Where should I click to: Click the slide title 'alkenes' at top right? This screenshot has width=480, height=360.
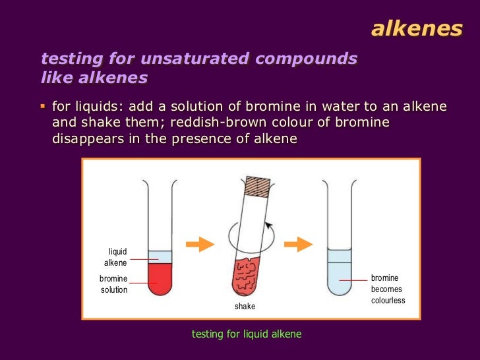click(417, 28)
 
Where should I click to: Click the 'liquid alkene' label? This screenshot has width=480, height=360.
click(115, 257)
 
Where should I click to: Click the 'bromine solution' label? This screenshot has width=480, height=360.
click(113, 284)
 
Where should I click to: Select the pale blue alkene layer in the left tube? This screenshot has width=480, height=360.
click(160, 256)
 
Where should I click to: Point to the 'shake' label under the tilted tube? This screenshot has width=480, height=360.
click(245, 307)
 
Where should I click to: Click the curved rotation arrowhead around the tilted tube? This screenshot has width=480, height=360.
click(268, 225)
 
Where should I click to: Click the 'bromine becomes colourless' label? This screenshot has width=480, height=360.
click(388, 289)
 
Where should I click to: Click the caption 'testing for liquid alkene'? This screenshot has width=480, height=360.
click(246, 334)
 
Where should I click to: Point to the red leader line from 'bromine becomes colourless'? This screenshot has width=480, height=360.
click(353, 280)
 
